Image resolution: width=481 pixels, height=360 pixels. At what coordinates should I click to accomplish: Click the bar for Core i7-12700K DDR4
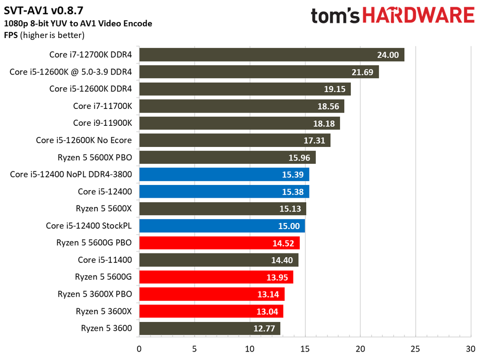[x=272, y=54]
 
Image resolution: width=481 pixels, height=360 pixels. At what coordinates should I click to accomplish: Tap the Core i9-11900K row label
[x=102, y=123]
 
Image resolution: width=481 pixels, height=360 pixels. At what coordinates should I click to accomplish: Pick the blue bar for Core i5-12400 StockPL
[x=222, y=226]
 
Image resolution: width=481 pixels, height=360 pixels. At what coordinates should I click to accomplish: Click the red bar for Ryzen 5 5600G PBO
[x=219, y=243]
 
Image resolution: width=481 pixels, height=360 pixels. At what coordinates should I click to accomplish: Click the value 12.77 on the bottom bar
[x=264, y=329]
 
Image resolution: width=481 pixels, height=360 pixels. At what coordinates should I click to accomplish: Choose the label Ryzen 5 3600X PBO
[x=94, y=294]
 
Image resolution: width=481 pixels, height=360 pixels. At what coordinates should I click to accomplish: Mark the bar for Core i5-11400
[x=218, y=260]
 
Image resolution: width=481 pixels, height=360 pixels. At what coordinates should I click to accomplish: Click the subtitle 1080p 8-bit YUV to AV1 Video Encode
[x=78, y=23]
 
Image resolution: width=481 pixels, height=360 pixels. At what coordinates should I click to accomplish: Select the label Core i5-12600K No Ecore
[x=84, y=140]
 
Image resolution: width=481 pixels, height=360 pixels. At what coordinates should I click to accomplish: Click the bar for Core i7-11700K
[x=241, y=106]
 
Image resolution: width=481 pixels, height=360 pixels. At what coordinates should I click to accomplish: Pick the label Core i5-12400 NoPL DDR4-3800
[x=70, y=175]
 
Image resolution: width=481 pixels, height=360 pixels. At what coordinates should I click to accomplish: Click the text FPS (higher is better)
[x=44, y=35]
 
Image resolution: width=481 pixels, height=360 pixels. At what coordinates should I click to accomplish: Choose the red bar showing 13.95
[x=216, y=277]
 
